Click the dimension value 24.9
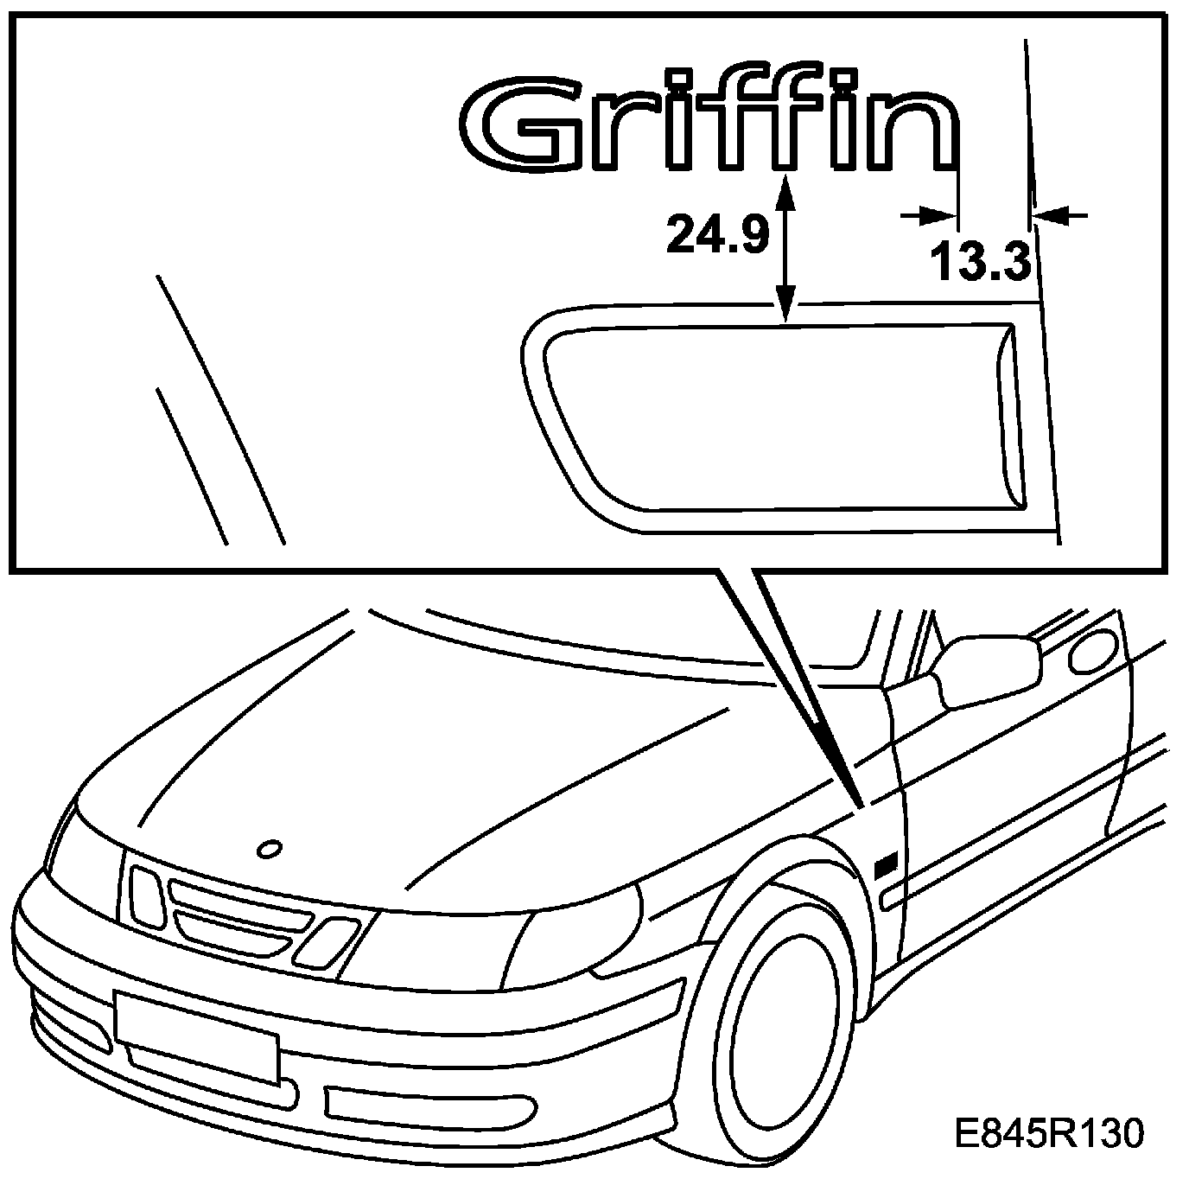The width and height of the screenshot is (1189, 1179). pos(717,234)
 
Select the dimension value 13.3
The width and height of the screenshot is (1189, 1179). pos(981,261)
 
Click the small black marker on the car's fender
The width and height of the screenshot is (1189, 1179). pos(886,867)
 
